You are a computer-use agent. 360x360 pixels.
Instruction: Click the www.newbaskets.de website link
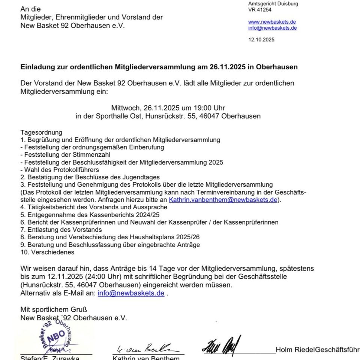272,22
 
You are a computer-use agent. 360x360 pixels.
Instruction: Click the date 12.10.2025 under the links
261,39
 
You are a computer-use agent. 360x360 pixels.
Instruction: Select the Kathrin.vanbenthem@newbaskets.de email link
223,200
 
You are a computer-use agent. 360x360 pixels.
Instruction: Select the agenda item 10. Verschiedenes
47,252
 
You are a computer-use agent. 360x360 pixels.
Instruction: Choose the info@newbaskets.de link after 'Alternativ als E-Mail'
131,293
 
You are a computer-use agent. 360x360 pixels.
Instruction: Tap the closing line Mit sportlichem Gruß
54,310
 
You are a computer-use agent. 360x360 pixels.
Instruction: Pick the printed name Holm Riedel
295,350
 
